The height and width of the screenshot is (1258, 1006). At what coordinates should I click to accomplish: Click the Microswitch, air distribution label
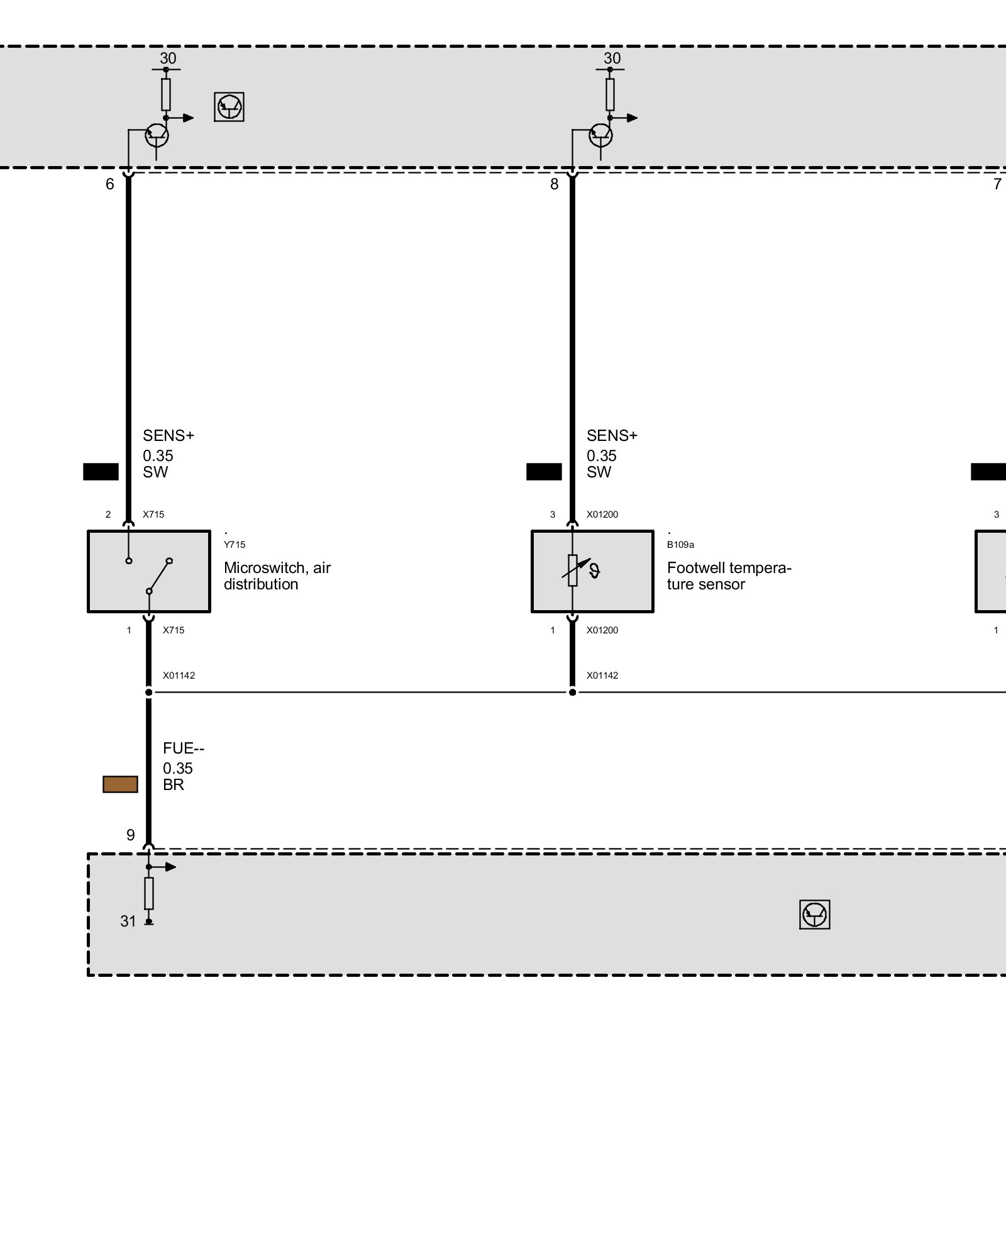pos(277,576)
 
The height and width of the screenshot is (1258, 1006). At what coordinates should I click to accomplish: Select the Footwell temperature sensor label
pos(729,576)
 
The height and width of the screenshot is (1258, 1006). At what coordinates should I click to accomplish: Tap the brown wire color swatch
pos(120,784)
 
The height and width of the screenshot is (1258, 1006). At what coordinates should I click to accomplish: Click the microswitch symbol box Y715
pos(149,571)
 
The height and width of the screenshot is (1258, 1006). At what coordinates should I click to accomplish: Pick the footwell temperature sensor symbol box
pos(592,571)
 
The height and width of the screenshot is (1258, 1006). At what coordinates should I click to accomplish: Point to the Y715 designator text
pos(235,545)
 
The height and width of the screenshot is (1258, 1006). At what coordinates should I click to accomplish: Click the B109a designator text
pos(680,545)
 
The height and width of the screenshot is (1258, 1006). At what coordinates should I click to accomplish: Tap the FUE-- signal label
pos(184,748)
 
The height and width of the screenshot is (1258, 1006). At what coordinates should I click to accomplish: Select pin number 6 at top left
pos(110,184)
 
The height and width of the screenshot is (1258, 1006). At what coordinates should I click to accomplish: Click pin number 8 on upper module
pos(554,184)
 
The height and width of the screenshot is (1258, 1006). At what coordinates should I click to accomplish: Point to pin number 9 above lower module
pos(130,835)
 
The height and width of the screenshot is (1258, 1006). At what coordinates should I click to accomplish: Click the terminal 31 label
pos(128,921)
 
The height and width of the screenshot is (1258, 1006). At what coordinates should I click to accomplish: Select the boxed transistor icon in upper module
pos(229,107)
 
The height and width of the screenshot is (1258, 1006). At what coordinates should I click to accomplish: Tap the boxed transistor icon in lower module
pos(814,914)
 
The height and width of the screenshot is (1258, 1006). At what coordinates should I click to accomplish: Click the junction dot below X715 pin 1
pos(149,693)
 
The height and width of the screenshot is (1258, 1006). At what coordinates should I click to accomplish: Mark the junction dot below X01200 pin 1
pos(573,693)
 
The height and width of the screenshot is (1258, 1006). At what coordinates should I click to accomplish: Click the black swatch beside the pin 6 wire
pos(101,472)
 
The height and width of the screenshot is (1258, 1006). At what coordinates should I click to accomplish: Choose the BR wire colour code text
pos(174,785)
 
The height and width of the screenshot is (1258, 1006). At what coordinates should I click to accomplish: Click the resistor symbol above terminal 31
pos(149,893)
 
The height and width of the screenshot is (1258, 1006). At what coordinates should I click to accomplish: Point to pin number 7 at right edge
pos(997,184)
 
